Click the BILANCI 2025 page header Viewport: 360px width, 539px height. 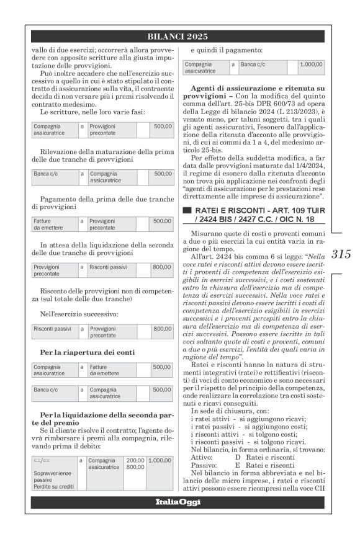pyautogui.click(x=179, y=36)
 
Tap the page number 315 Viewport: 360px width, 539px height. pyautogui.click(x=341, y=254)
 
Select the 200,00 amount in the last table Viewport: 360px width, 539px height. pyautogui.click(x=135, y=461)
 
